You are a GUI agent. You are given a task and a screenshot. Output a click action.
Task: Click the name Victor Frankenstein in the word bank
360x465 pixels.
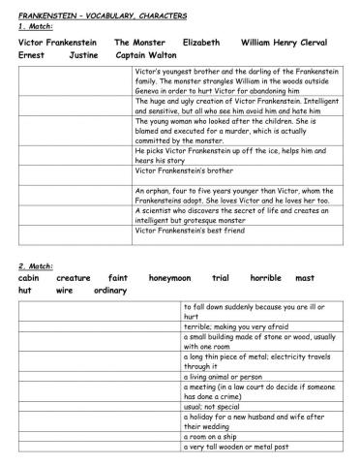(x=57, y=43)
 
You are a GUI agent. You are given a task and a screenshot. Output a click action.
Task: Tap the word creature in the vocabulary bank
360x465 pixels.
(x=73, y=277)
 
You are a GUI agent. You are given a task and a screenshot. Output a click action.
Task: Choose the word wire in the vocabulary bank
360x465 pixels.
(x=65, y=290)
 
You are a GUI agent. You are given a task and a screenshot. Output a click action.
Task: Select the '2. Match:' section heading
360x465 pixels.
(x=36, y=264)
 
